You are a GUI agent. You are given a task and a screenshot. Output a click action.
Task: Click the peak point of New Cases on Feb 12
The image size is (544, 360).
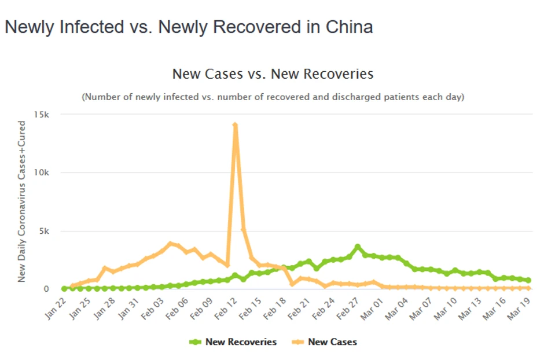[235, 125]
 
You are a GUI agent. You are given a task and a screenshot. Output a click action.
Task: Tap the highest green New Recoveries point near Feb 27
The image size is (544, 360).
[358, 247]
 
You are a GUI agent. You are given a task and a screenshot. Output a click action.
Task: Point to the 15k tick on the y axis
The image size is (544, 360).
[42, 115]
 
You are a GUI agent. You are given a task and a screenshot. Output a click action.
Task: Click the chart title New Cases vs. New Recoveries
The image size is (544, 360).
[273, 74]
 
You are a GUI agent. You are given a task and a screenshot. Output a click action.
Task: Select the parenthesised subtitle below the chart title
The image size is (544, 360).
[273, 97]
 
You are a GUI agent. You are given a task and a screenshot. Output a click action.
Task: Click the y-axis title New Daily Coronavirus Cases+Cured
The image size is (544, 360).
[21, 201]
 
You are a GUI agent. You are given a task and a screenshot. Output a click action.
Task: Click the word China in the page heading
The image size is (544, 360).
[349, 27]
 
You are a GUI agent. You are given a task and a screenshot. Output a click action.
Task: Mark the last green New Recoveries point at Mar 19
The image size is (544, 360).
[528, 280]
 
